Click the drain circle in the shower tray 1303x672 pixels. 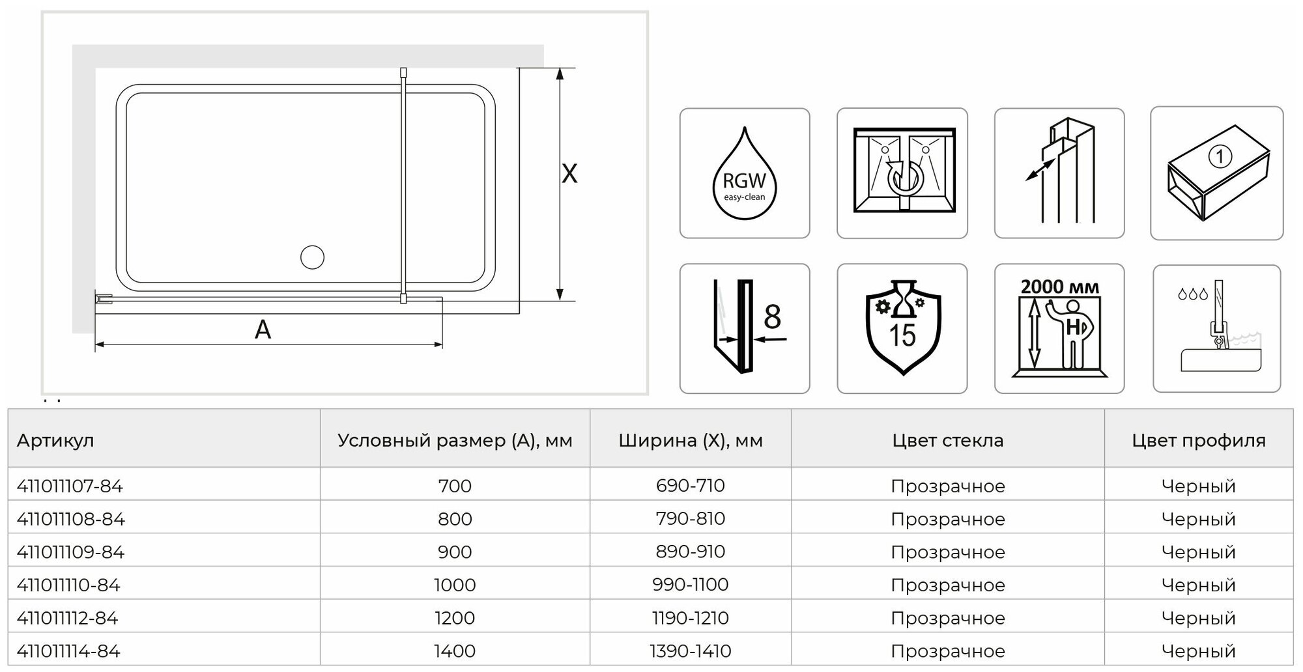(312, 257)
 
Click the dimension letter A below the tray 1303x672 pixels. (263, 329)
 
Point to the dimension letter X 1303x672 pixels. (569, 174)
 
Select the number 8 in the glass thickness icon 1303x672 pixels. (772, 317)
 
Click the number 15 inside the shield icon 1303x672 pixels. (902, 335)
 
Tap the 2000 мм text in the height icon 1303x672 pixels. (1059, 287)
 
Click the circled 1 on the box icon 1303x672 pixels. (1219, 156)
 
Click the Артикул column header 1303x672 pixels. (55, 440)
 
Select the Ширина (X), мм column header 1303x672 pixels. (690, 440)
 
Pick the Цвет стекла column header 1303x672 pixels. (947, 440)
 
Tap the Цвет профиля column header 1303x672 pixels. (1198, 440)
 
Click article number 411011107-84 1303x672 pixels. (70, 486)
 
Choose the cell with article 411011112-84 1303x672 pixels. (68, 618)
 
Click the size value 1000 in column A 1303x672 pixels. (455, 585)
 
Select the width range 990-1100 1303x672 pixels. (690, 584)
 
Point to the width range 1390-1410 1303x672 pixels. (690, 651)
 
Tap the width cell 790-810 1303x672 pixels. (690, 518)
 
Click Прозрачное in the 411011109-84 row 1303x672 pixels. (947, 552)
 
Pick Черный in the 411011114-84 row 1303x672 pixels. (1198, 651)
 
